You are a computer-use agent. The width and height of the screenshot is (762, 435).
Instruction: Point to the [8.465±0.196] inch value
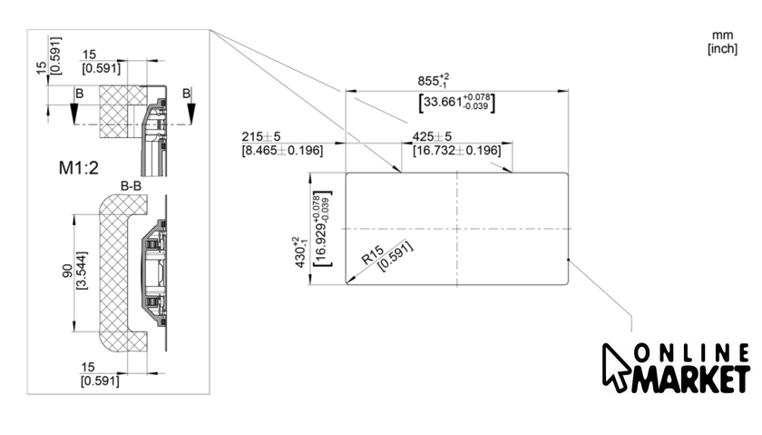click(282, 150)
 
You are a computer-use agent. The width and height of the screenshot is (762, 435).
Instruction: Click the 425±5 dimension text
click(432, 136)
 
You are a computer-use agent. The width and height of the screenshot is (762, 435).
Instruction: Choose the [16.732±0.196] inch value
click(456, 150)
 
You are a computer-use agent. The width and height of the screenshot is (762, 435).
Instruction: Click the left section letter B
click(80, 93)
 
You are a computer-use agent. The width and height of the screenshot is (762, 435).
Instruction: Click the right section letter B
click(186, 93)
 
